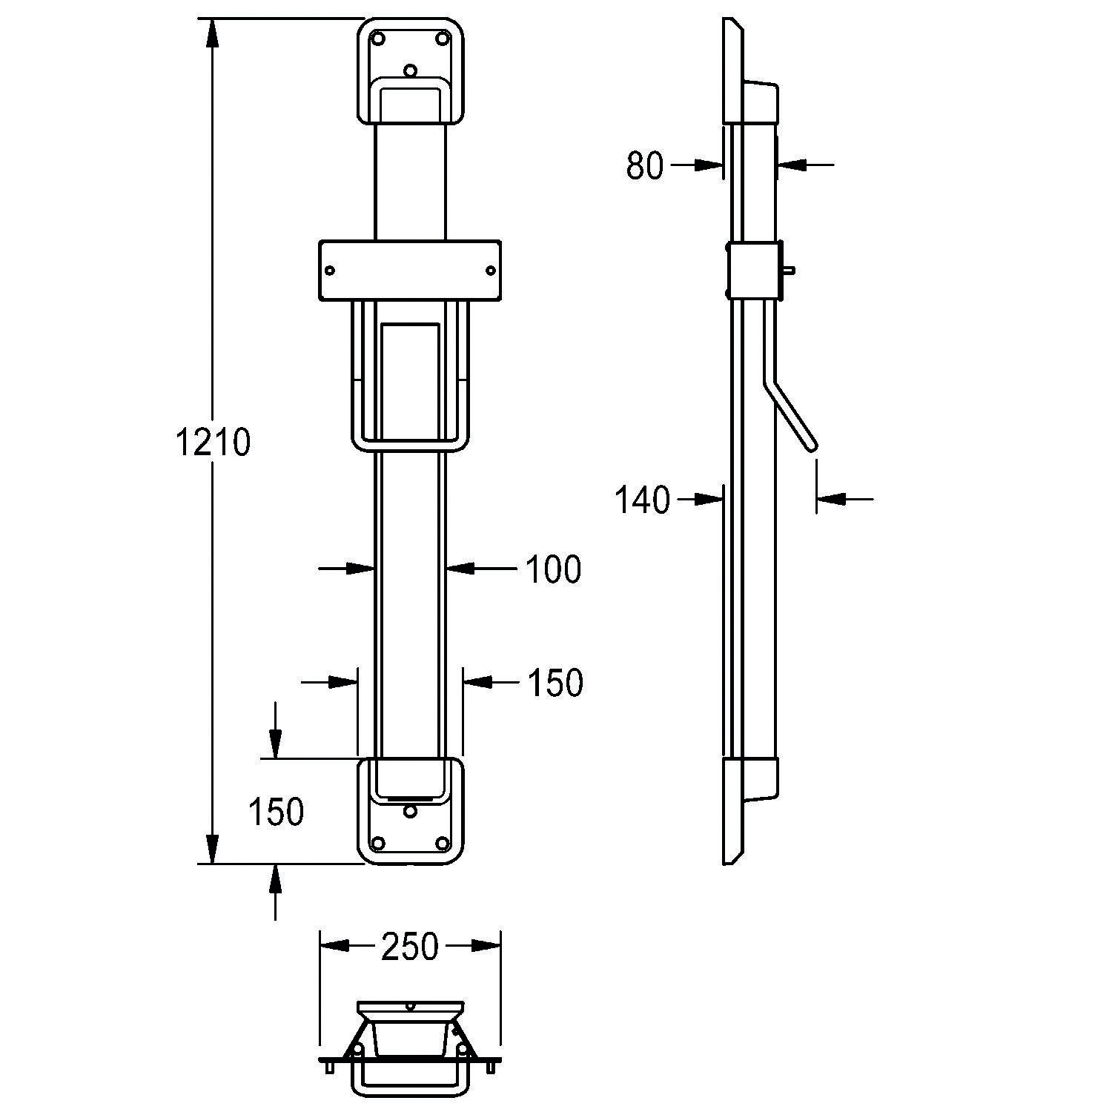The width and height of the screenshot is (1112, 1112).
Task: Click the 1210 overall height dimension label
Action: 214,443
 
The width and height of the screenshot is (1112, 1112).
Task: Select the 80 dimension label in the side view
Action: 644,166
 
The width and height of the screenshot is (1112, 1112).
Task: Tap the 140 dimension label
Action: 642,500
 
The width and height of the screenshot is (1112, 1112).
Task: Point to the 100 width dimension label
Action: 553,569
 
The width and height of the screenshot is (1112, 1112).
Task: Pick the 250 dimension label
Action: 410,947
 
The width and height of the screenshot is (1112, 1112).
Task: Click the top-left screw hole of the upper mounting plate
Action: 378,38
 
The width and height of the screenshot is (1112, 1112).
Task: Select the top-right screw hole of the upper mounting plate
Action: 443,38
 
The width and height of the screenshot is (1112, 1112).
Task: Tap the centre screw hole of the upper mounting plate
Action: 410,70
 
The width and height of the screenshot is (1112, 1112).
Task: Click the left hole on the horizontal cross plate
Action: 330,271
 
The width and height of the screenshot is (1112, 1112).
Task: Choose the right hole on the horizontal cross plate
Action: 490,271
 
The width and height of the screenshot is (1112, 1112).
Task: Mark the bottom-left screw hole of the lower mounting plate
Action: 378,843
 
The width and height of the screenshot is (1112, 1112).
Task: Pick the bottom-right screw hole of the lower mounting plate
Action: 443,843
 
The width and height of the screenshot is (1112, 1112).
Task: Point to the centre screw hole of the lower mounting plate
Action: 410,812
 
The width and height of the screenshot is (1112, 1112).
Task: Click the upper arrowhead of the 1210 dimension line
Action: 213,34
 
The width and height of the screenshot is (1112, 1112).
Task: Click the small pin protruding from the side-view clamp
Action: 791,271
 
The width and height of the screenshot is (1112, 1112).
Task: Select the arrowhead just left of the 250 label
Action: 334,946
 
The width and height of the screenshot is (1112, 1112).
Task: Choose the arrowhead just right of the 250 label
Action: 486,946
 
